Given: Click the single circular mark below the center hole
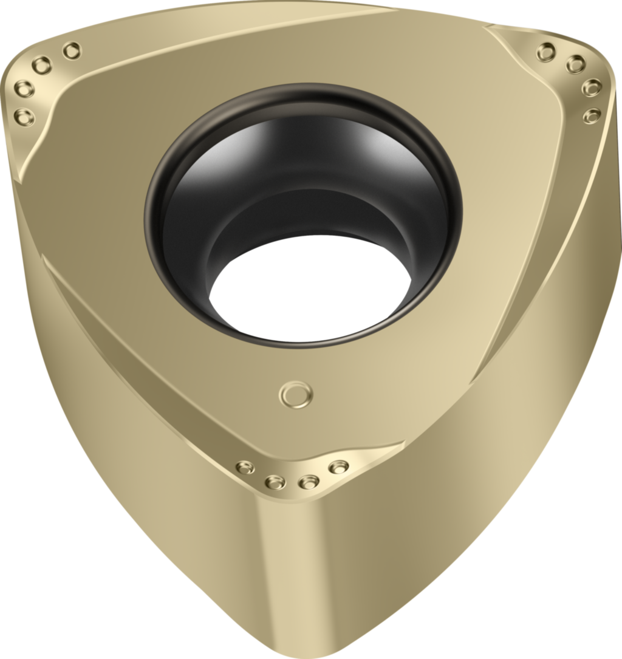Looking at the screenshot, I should pos(296,394).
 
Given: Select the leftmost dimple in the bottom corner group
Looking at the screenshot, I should pos(245,466).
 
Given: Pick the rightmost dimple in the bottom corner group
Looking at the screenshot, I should pos(338,466).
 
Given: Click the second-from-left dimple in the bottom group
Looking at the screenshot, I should pos(275,482).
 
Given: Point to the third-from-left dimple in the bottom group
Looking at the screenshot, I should pos(309,482).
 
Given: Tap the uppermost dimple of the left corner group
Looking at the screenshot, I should pos(72,50).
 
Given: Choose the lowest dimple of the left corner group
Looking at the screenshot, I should pos(24,115).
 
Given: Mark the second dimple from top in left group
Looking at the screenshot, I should pos(42,64).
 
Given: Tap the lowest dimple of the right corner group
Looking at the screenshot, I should pos(592,115).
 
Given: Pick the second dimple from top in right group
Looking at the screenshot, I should pos(575,63).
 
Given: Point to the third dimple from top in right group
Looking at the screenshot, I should pos(592,87).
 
